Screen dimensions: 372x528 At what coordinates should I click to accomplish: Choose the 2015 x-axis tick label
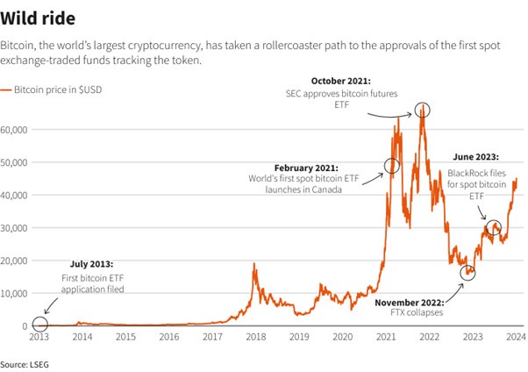point(125,337)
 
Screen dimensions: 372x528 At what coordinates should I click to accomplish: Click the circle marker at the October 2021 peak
point(424,110)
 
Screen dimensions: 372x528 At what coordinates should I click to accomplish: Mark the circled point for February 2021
point(392,166)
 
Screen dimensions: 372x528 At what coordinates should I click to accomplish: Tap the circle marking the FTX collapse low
point(468,273)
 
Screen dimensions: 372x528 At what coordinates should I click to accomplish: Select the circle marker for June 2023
point(494,227)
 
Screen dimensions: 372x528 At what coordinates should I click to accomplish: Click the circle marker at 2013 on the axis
point(39,325)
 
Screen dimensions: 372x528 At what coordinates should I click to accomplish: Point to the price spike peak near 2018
point(254,264)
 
